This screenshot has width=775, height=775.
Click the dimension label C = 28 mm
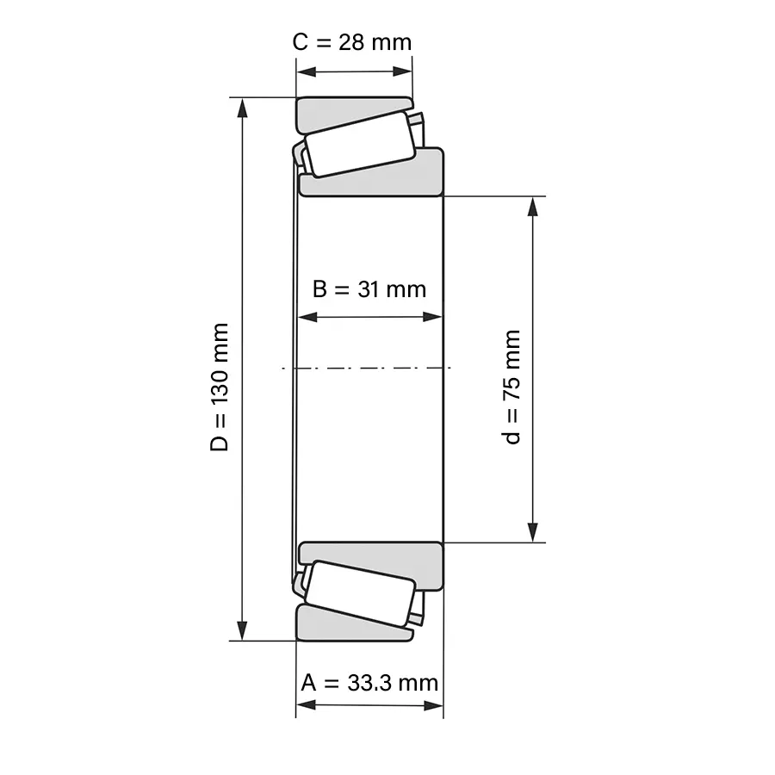[x=352, y=42]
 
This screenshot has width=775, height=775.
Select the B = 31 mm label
[x=369, y=289]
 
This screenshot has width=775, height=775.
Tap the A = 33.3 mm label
[x=369, y=683]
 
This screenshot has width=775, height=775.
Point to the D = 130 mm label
[x=220, y=387]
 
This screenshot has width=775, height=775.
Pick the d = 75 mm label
[x=512, y=387]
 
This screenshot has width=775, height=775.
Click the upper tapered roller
[x=359, y=143]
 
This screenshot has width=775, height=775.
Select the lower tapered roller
[x=359, y=593]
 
